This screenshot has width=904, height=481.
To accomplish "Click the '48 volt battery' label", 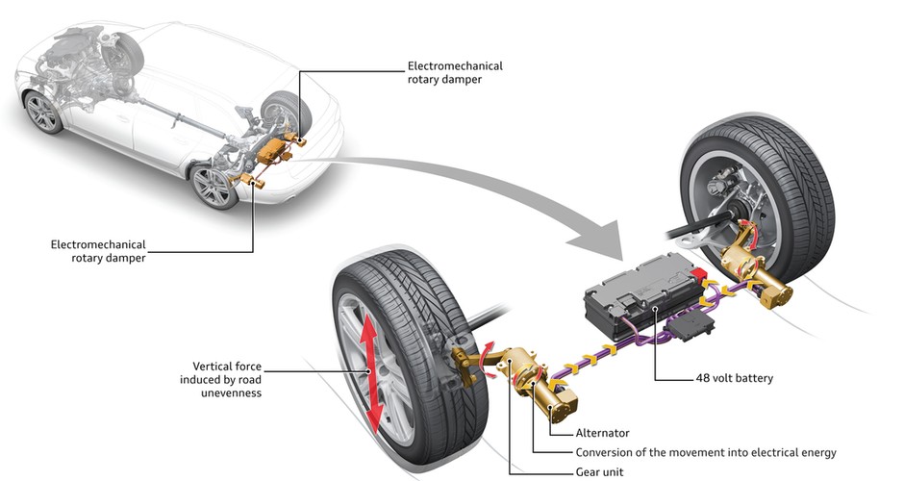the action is [734, 378].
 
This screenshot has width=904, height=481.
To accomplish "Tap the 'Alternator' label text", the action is [602, 433].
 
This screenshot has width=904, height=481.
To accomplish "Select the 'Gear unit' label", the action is [599, 471].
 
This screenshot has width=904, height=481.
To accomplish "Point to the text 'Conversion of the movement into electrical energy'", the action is [706, 453].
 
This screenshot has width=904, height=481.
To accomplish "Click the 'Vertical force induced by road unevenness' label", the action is [220, 379].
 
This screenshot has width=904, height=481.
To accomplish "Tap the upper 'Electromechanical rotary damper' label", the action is [455, 73].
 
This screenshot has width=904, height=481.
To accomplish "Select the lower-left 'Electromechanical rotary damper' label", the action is [99, 251].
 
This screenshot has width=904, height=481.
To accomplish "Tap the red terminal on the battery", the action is [697, 275].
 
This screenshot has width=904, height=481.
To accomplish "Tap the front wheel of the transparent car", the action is [43, 114].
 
